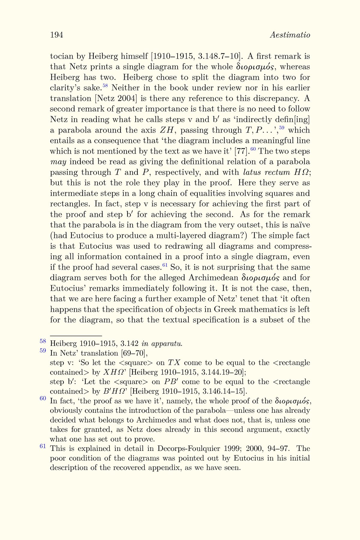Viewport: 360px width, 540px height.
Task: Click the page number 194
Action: [56, 35]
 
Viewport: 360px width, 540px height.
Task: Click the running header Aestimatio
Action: [290, 35]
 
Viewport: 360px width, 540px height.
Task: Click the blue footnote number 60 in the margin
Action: [43, 398]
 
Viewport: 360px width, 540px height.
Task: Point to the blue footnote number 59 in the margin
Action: [43, 350]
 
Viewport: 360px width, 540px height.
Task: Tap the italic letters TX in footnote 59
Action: [174, 363]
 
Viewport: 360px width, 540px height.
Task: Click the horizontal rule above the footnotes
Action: [76, 335]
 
